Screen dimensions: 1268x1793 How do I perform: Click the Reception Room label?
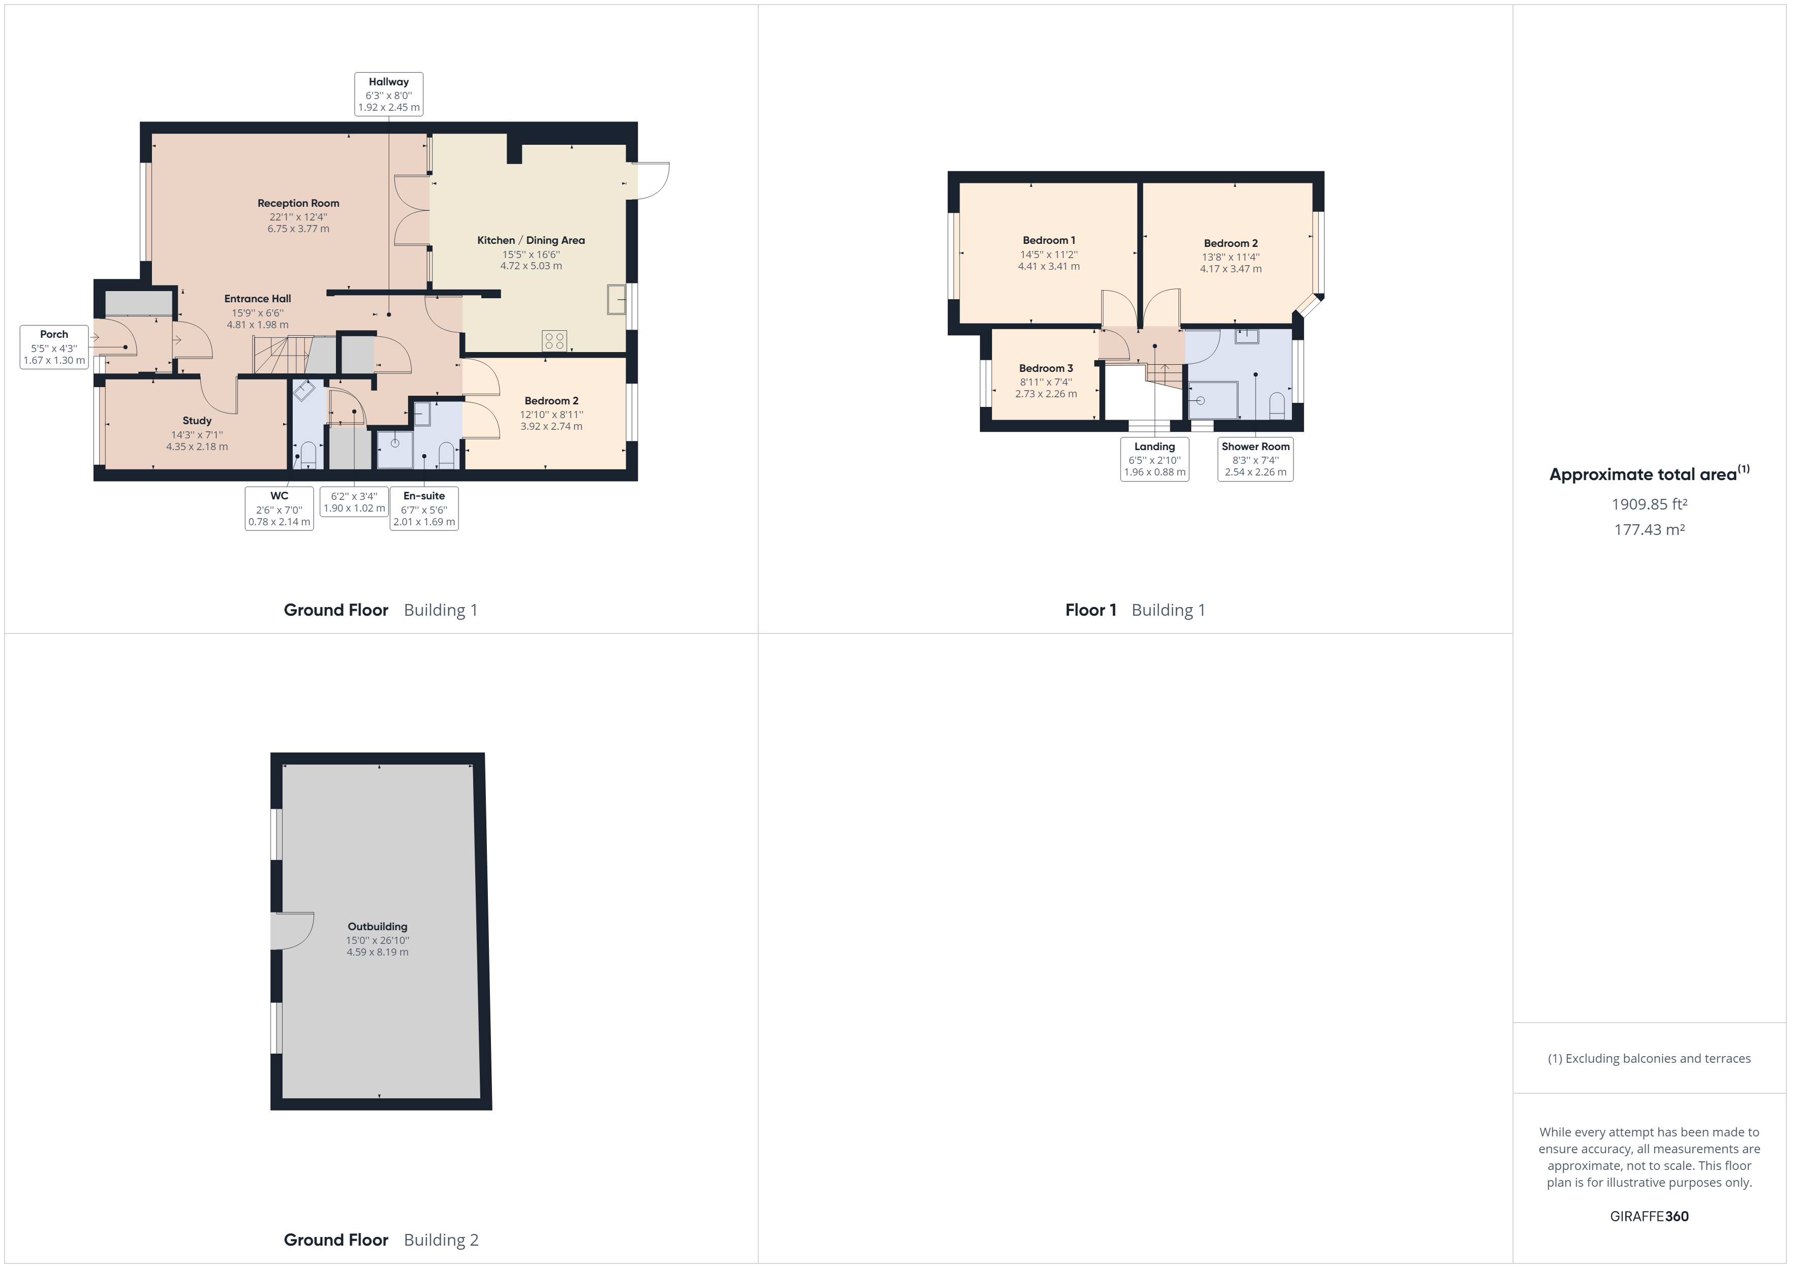point(298,204)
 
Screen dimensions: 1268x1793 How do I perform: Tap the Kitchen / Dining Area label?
point(531,240)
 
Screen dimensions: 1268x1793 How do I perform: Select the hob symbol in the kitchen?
point(554,340)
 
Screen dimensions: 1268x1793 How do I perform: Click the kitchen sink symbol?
point(616,299)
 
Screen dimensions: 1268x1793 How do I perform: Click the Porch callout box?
point(54,346)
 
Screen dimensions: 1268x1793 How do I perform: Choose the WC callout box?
point(280,509)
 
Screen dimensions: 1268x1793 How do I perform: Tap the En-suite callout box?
point(424,509)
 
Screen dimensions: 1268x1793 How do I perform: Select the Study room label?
point(197,421)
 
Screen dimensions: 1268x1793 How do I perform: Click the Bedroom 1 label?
point(1049,240)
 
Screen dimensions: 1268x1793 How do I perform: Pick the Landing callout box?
point(1154,459)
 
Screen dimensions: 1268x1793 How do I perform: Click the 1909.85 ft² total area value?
point(1649,504)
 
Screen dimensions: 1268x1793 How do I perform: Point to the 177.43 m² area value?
point(1649,529)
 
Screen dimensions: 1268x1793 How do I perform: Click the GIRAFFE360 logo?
point(1649,1216)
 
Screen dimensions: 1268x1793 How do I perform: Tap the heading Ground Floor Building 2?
point(380,1240)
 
